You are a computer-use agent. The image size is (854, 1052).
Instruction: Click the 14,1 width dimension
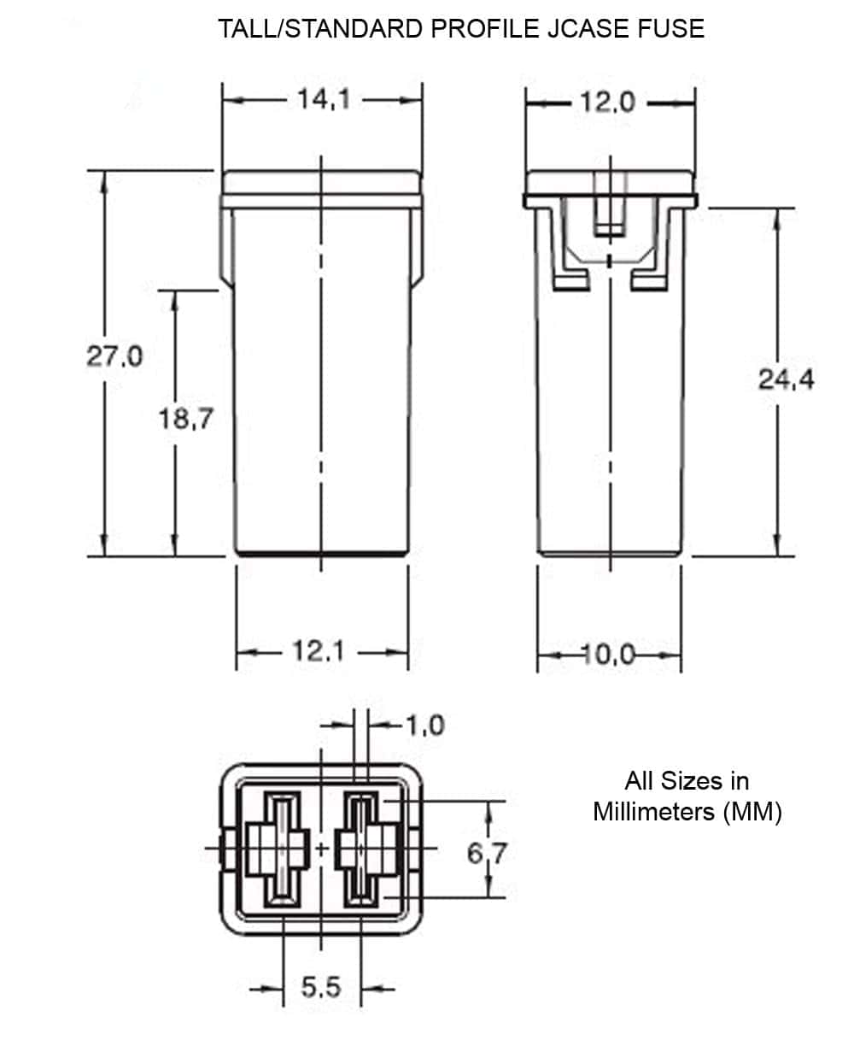tap(324, 100)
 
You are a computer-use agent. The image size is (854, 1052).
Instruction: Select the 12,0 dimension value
tap(607, 103)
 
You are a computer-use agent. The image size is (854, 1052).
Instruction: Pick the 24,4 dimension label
tap(786, 379)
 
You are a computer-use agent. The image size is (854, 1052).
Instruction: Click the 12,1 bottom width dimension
tap(319, 652)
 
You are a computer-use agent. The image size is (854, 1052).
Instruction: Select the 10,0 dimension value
tap(609, 655)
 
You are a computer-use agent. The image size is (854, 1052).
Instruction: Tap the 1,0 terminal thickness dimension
tap(424, 726)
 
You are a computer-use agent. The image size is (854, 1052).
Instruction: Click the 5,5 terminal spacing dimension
tap(321, 989)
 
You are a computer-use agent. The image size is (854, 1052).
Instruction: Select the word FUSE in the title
tap(672, 28)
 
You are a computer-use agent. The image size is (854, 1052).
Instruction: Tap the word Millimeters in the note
tap(654, 811)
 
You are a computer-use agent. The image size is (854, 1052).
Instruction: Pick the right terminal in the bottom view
tap(361, 849)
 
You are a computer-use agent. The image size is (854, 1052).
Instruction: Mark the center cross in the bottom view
tap(321, 849)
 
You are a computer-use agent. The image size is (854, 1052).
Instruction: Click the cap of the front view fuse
tap(321, 183)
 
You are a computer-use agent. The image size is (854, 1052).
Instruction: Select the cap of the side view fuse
tap(609, 182)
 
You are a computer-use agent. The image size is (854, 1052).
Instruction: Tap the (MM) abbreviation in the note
tap(752, 811)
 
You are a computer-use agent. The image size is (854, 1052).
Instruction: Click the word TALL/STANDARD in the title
tap(321, 28)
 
